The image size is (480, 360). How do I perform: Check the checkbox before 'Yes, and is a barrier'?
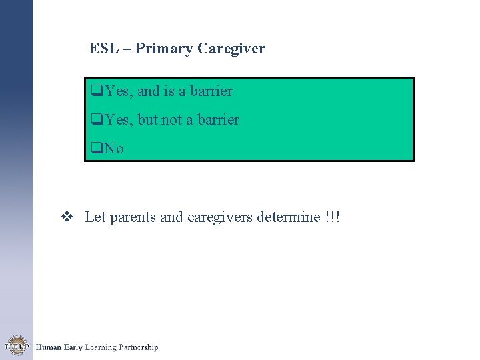coord(96,91)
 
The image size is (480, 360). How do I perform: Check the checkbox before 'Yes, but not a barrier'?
coord(96,121)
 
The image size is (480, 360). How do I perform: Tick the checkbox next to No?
coord(96,149)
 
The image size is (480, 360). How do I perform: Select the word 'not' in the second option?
coord(172,121)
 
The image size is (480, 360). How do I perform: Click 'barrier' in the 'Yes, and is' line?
coord(211,91)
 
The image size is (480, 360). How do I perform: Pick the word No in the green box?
coord(114,149)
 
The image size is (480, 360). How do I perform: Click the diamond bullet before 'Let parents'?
coord(67,217)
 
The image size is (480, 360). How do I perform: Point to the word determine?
coord(288,218)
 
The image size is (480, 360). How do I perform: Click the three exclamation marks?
coord(333,217)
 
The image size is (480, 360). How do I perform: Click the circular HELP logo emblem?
coord(16,346)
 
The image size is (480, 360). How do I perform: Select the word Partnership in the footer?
coord(137,347)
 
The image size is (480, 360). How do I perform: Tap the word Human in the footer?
coord(49,347)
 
